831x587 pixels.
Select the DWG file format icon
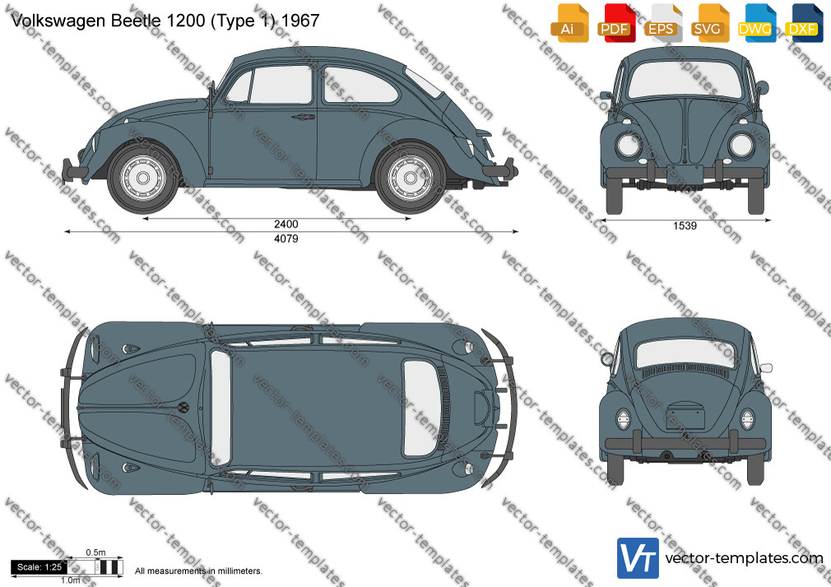pyautogui.click(x=755, y=23)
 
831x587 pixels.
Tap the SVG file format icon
pyautogui.click(x=708, y=23)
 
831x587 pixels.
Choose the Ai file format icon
pyautogui.click(x=569, y=23)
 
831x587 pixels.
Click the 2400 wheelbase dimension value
pyautogui.click(x=286, y=224)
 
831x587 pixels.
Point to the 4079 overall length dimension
pyautogui.click(x=286, y=239)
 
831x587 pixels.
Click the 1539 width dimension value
pyautogui.click(x=685, y=226)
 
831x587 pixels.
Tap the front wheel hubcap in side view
pyautogui.click(x=142, y=178)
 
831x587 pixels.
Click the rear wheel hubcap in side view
pyautogui.click(x=410, y=178)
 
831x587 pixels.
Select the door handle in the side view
pyautogui.click(x=303, y=117)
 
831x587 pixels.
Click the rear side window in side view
pyautogui.click(x=359, y=85)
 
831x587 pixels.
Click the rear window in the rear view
pyautogui.click(x=685, y=354)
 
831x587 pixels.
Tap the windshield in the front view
pyautogui.click(x=685, y=80)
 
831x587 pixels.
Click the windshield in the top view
pyautogui.click(x=221, y=408)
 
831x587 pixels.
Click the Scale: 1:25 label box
pyautogui.click(x=39, y=567)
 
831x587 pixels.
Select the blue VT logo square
pyautogui.click(x=638, y=558)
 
